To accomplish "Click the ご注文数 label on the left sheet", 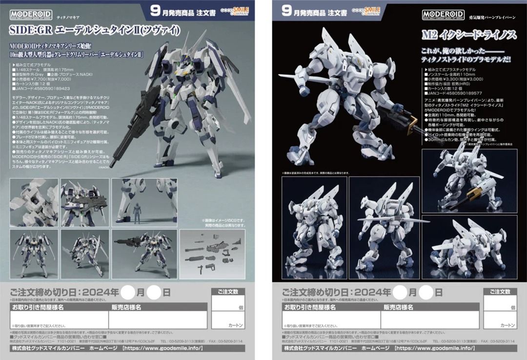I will (x=228, y=292).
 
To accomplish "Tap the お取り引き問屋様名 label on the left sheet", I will (x=38, y=307).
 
